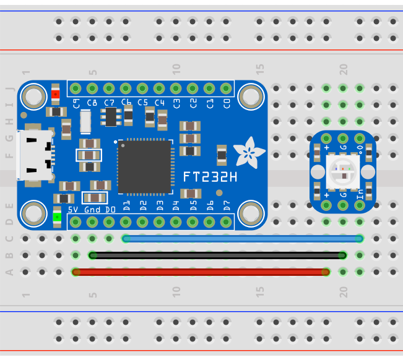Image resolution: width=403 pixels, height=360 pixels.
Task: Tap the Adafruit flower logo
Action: (251, 150)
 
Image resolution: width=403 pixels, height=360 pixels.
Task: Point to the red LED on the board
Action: (56, 94)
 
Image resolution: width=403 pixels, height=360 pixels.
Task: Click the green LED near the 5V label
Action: (57, 216)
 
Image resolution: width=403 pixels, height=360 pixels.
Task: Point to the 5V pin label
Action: (73, 210)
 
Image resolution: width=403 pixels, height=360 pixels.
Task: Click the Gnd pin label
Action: (92, 210)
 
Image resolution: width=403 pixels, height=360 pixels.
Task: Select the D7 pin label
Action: (227, 205)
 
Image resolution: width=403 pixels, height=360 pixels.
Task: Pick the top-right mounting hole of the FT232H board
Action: (251, 96)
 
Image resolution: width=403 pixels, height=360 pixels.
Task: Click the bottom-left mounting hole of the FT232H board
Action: (33, 214)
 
